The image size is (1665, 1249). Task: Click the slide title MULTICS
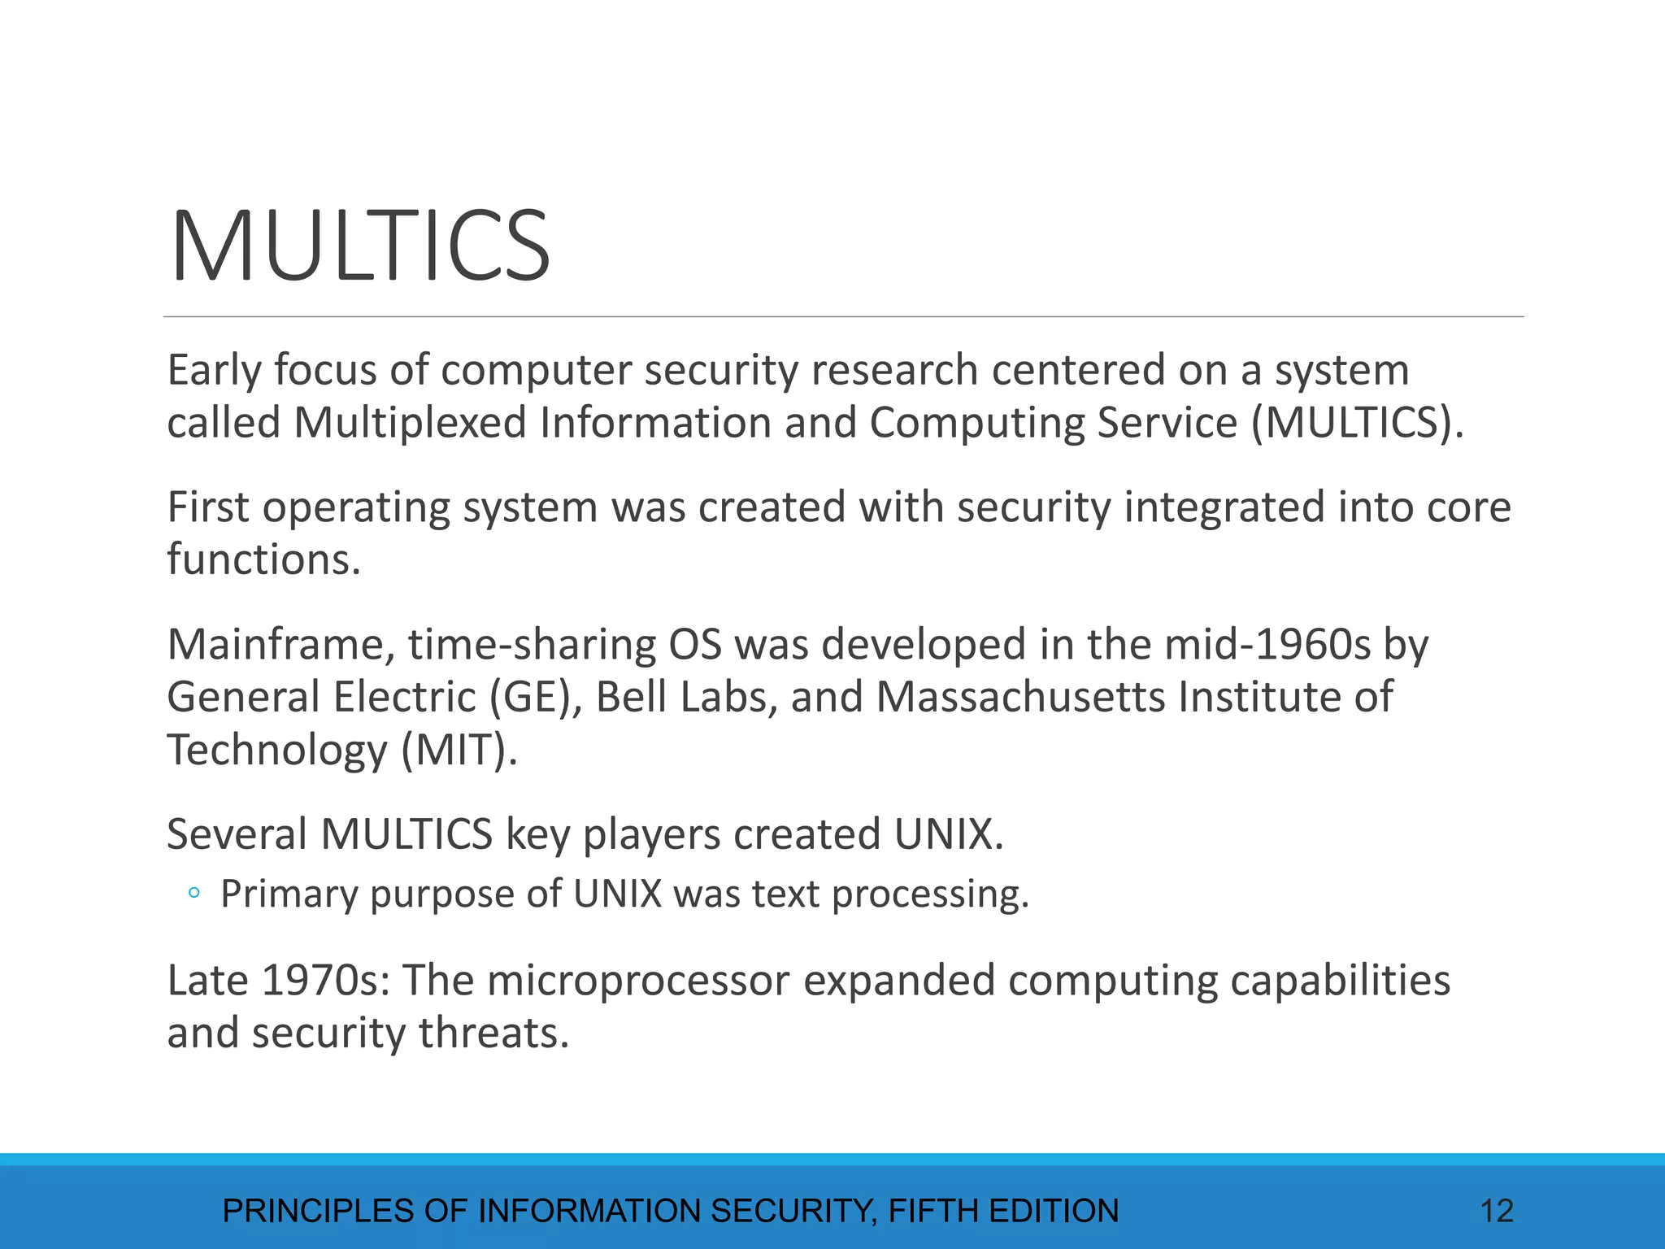[360, 246]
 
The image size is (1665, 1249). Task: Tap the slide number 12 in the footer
[1496, 1211]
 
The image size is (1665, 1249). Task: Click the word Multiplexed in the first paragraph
[411, 424]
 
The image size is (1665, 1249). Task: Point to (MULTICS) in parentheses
[1357, 424]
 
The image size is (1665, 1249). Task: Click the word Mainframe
[280, 645]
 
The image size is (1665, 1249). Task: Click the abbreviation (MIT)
[459, 750]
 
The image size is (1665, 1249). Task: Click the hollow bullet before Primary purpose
[193, 894]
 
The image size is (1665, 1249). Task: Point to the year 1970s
[324, 981]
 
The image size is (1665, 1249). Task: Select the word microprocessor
[638, 981]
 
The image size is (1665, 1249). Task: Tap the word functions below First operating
[263, 560]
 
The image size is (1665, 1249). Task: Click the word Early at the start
[215, 371]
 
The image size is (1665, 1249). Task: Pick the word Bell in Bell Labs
[631, 698]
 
